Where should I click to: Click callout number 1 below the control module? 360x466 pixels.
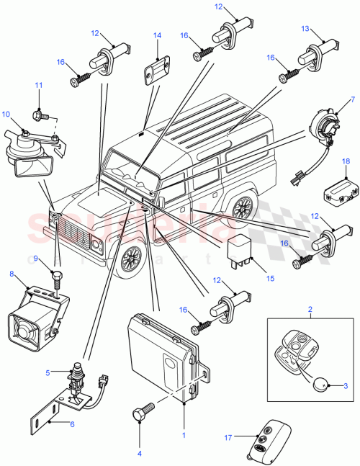coord(184,434)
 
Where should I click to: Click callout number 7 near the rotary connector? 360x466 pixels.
coord(352,99)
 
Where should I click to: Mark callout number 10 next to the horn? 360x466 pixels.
coord(5,114)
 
